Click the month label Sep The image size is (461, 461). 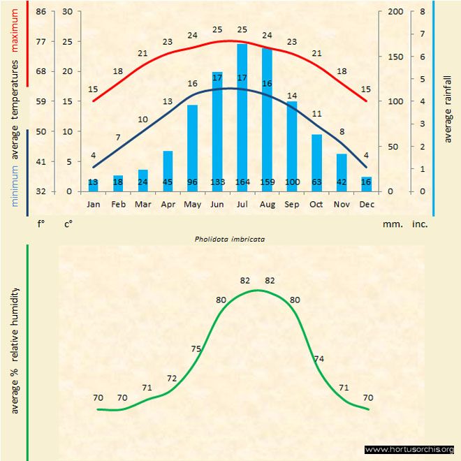point(292,205)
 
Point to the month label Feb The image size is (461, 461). point(118,205)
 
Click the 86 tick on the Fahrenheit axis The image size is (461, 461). point(41,12)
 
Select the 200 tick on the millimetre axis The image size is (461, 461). point(395,12)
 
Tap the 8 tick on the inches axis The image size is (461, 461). point(423,12)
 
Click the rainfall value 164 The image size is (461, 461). point(242,182)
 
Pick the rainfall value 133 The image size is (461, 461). point(217,182)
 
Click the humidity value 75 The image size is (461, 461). point(196,349)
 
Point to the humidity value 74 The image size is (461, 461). point(319,358)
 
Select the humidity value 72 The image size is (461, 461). point(172,378)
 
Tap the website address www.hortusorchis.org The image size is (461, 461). point(410,449)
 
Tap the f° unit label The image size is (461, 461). point(41,225)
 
